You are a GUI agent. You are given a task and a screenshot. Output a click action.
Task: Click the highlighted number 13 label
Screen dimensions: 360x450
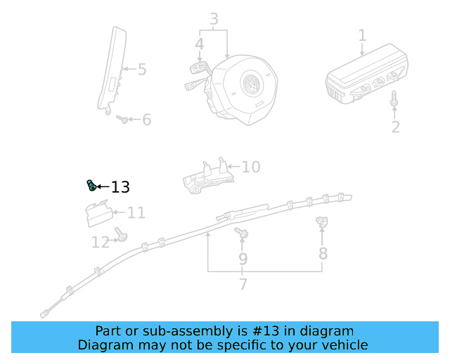pyautogui.click(x=121, y=187)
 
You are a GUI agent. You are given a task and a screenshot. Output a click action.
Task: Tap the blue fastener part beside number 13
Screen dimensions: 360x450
pyautogui.click(x=91, y=186)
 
